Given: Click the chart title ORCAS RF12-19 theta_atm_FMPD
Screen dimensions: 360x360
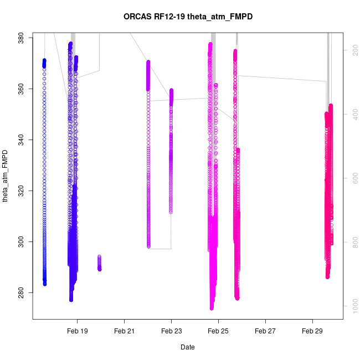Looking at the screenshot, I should tap(188, 17).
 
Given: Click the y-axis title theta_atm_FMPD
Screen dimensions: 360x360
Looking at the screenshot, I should tap(6, 176).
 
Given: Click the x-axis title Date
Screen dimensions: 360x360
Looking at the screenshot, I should tap(187, 347).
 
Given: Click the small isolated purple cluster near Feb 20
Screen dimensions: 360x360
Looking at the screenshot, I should tap(99, 263).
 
